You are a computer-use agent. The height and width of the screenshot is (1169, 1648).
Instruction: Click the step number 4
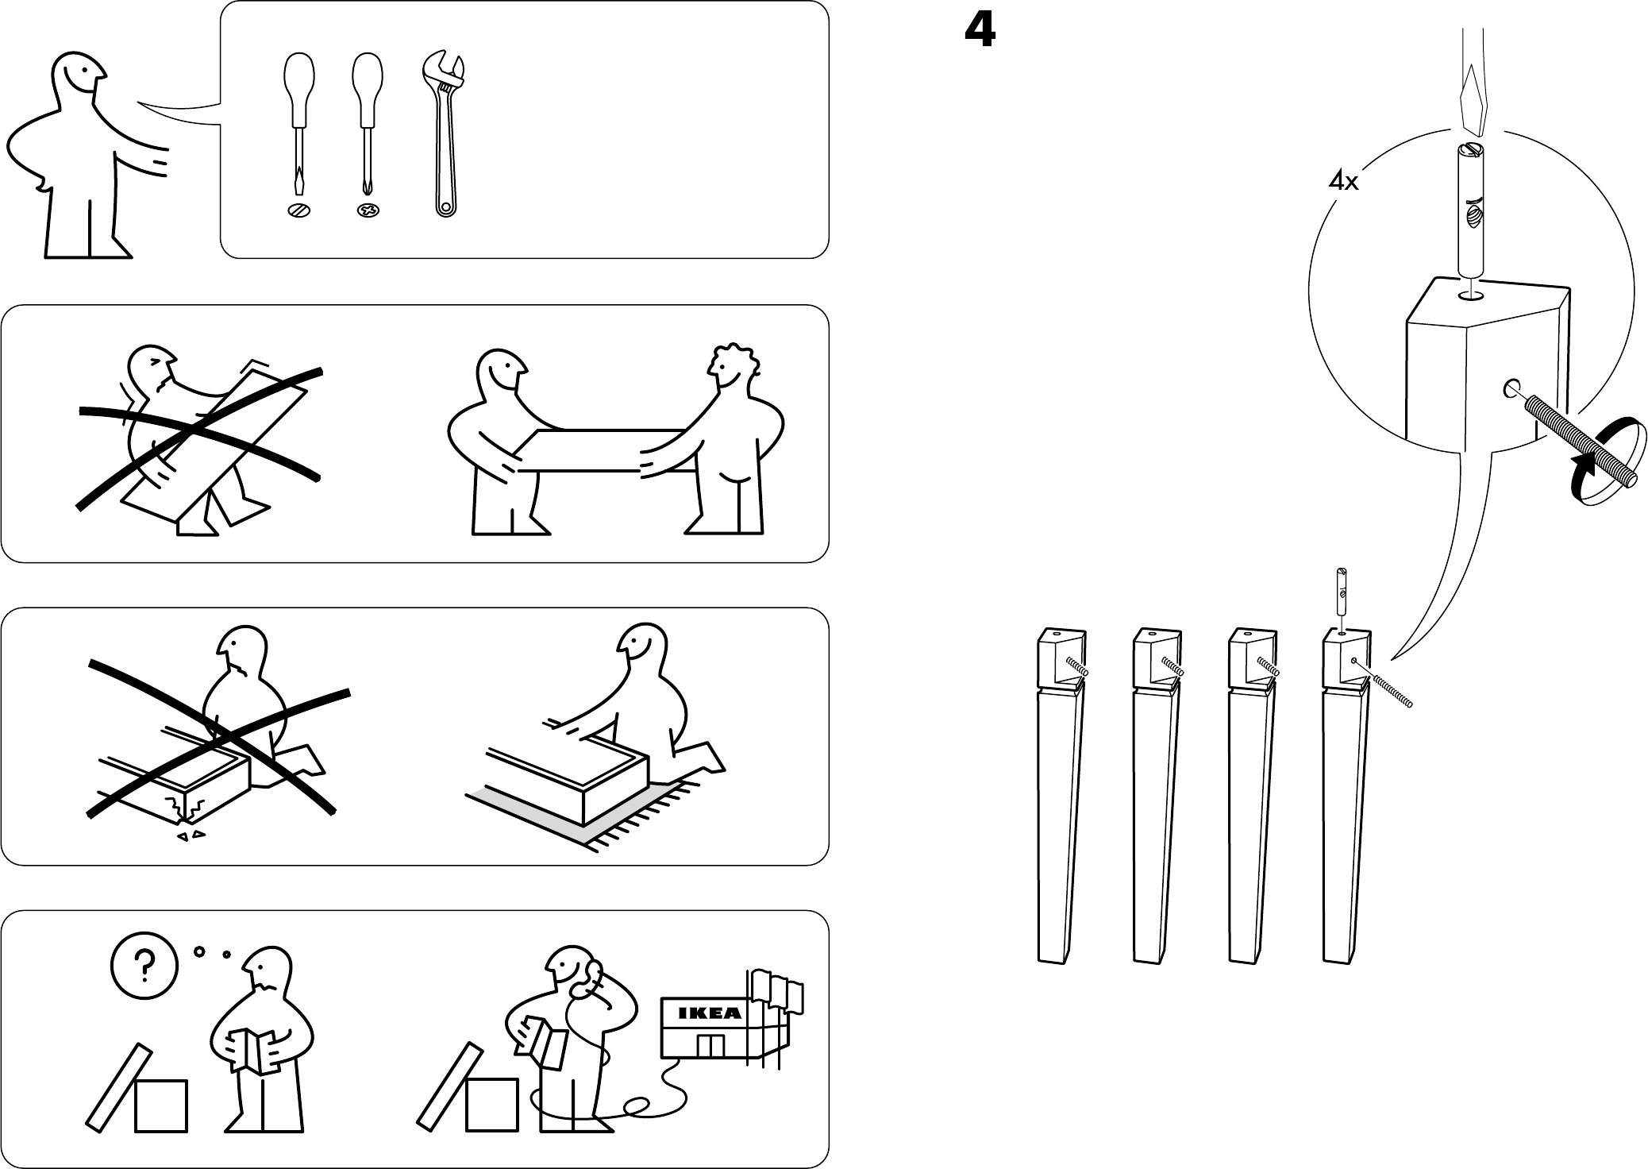tap(980, 33)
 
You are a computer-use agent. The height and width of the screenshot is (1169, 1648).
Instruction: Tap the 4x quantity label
tap(1343, 183)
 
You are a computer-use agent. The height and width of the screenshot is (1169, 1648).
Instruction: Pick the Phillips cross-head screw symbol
tap(368, 210)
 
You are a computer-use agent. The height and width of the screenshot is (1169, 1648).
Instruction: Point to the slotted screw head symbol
tap(298, 210)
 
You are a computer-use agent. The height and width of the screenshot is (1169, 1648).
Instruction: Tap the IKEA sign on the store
tap(710, 1013)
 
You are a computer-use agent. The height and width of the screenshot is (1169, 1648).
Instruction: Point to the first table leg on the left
tap(1059, 794)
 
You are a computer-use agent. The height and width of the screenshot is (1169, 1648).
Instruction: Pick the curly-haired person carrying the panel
tap(734, 437)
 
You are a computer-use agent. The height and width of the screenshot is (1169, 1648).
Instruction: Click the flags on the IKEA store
tap(774, 990)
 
